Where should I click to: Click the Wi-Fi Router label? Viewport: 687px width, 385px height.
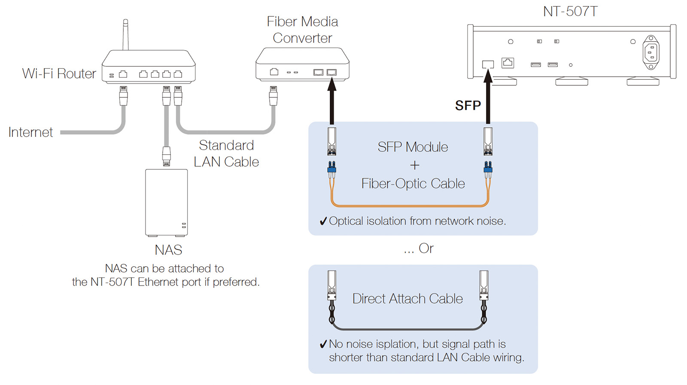pos(59,74)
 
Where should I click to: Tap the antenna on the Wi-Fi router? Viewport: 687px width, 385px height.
pos(125,34)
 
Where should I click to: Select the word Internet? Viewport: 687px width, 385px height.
pos(30,132)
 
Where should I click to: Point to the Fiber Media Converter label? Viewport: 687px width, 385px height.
pos(302,30)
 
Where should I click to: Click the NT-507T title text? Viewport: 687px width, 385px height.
pos(570,12)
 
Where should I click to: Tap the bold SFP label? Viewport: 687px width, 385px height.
pos(468,105)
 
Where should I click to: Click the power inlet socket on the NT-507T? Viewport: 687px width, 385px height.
pos(651,52)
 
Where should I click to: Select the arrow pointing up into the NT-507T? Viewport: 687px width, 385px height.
pos(488,96)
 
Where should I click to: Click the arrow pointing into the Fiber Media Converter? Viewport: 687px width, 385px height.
pos(331,101)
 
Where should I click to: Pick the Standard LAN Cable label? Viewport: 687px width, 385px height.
pos(226,153)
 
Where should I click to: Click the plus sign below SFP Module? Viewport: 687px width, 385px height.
pos(414,165)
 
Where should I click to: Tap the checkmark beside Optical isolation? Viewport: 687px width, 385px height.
pos(323,221)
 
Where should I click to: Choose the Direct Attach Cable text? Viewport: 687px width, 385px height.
pos(407,298)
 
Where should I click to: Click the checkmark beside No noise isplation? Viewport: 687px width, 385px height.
pos(323,344)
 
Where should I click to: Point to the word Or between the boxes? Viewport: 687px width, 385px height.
pos(426,248)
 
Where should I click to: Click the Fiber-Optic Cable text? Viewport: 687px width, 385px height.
pos(413,183)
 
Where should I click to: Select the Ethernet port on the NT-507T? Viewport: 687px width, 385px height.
pos(508,63)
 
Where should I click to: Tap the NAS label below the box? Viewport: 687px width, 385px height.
pos(168,250)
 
